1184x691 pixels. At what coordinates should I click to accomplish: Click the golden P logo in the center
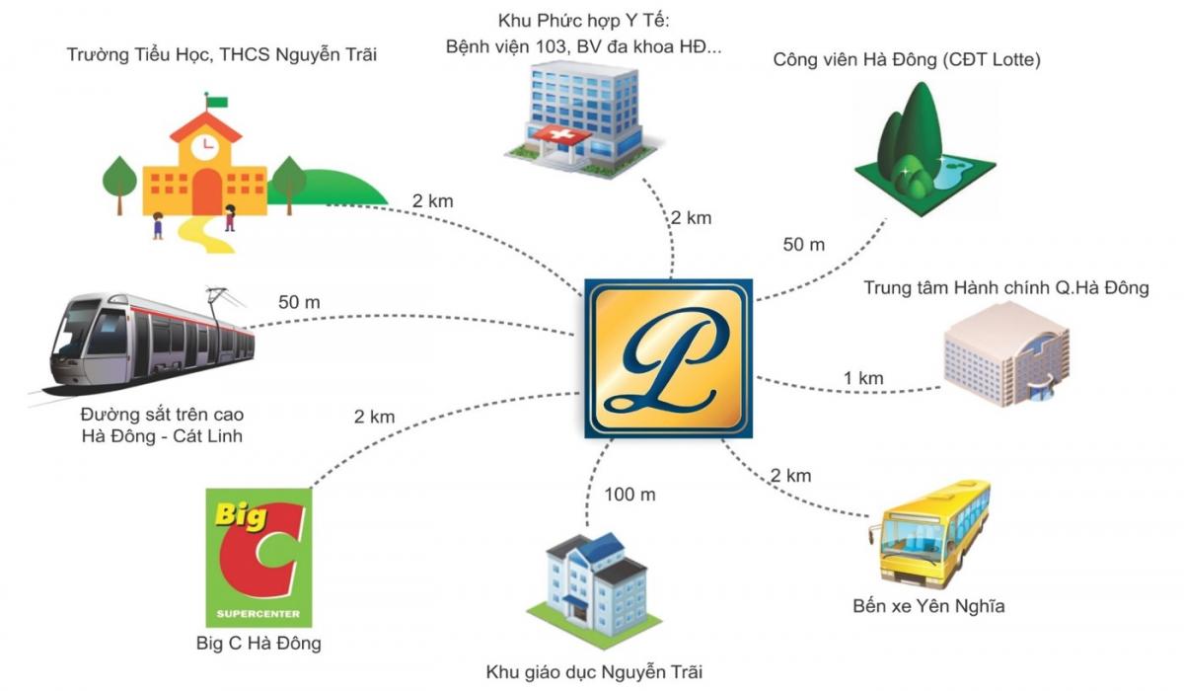coord(669,358)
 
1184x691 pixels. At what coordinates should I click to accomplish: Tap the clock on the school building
coord(205,146)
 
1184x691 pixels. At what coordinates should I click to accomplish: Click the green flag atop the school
coord(217,102)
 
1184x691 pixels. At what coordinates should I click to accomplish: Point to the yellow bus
coord(928,534)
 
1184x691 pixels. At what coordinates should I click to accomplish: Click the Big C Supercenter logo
coord(259,557)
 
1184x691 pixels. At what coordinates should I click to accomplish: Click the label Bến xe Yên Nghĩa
coord(928,606)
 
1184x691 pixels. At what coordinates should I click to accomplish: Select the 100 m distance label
coord(629,495)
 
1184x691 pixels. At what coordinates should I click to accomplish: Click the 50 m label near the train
coord(299,302)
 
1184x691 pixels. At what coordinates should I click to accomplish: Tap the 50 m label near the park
coord(803,244)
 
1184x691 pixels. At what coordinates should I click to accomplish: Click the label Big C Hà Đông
coord(259,643)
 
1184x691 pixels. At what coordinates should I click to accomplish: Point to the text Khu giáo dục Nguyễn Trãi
coord(594,672)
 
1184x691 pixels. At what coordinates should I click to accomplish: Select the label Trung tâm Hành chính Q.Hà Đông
coord(1006,287)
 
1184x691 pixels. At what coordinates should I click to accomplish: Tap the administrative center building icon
coord(1006,354)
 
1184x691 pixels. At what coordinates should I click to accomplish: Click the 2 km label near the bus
coord(790,475)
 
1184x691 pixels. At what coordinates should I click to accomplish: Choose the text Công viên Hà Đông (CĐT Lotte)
coord(907,59)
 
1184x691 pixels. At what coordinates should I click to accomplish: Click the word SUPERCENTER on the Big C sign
coord(259,614)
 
